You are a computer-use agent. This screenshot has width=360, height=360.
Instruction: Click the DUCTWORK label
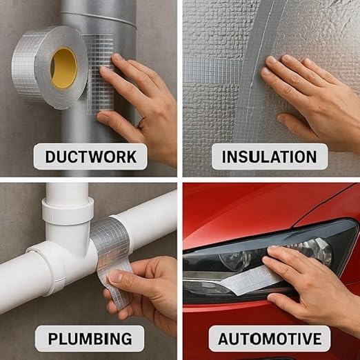coord(90,157)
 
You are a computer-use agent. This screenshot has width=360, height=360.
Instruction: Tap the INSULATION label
coord(269,157)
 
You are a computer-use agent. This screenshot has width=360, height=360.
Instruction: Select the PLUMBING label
coord(90,339)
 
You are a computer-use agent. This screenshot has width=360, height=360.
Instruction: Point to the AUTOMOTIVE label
coord(270,339)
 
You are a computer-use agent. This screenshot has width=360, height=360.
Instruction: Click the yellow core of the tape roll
coord(64,68)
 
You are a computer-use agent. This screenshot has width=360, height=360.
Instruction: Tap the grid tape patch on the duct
coord(99,74)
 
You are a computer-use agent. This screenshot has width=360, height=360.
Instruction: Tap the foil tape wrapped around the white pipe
coord(110,243)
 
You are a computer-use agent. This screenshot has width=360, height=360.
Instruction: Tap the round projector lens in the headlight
coord(236,260)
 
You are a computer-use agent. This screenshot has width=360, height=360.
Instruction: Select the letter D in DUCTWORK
coord(51,157)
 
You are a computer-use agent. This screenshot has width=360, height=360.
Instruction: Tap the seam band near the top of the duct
coord(99,19)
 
